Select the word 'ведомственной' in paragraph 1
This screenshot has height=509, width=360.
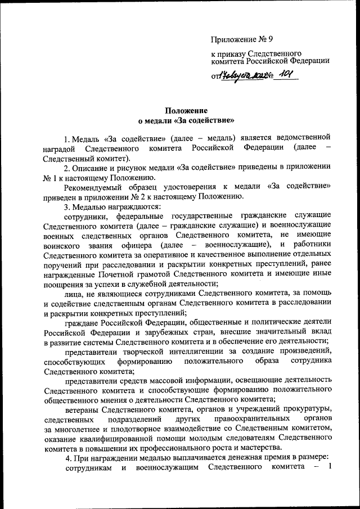[x=300, y=137]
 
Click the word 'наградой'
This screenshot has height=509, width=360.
[x=58, y=147]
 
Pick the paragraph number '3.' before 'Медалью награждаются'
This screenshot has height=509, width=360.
[x=67, y=206]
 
